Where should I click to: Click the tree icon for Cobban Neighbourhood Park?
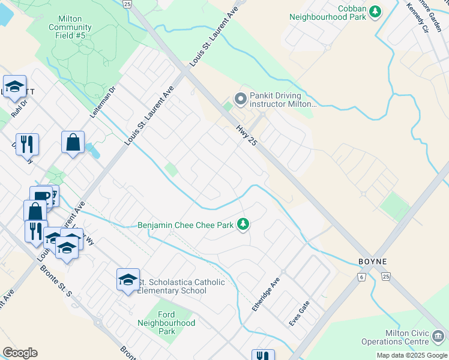376,11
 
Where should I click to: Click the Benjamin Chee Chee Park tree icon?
243,224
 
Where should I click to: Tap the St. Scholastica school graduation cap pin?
128,280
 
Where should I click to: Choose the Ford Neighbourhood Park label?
175,323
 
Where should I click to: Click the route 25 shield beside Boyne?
385,277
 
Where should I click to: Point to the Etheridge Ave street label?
266,294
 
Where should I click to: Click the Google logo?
20,353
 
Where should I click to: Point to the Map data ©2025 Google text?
411,355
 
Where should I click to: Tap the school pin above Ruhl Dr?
14,88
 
